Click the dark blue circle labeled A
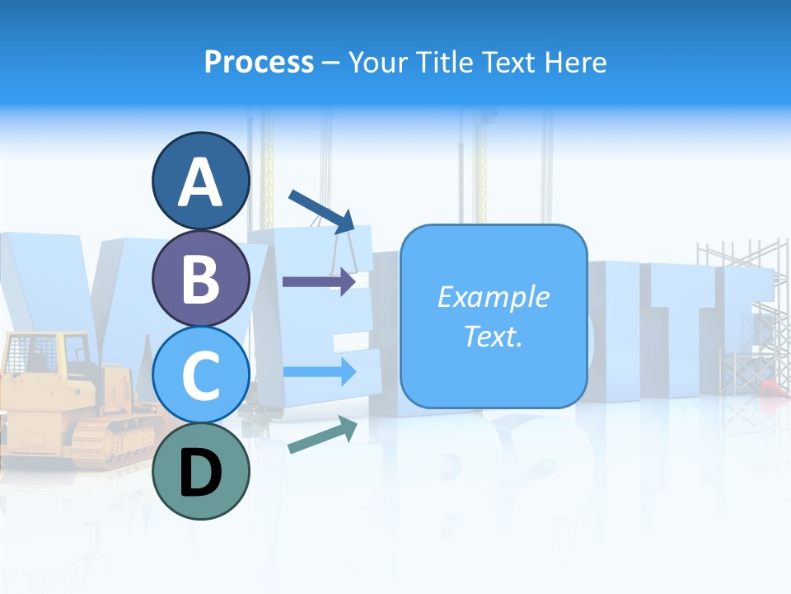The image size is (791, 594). [x=200, y=181]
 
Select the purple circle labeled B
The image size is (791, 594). [x=200, y=278]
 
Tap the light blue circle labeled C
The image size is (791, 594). [x=200, y=375]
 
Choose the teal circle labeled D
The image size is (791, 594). [x=200, y=471]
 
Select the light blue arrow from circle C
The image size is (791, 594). [x=319, y=372]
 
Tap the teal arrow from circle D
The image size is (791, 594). [x=322, y=434]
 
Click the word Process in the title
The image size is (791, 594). [x=259, y=62]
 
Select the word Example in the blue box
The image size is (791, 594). [x=493, y=297]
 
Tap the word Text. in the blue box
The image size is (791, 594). [x=493, y=336]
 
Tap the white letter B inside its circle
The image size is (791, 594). [x=200, y=278]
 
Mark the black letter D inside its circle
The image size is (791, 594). [x=200, y=473]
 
